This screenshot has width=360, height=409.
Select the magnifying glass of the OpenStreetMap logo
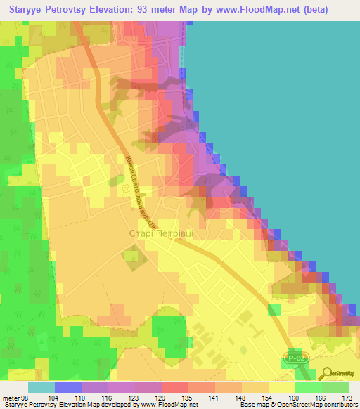point(329,374)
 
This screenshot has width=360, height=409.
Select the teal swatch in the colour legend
point(41,387)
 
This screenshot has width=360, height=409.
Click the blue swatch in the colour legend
point(68,387)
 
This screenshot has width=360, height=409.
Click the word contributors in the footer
point(340,404)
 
